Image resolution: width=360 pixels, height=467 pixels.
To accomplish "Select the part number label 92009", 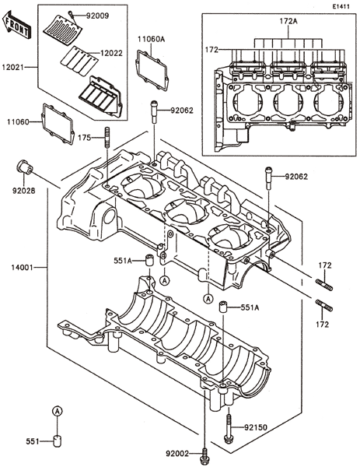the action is [x=98, y=16].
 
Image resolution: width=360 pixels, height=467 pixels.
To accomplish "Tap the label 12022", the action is [x=111, y=53].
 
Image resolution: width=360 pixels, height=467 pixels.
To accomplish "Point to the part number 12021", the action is [x=12, y=67].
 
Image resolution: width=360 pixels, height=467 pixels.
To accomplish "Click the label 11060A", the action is [x=151, y=39].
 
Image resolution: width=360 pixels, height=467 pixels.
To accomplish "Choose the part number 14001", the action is [x=22, y=267].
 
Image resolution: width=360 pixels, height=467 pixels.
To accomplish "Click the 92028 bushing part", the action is [x=25, y=167].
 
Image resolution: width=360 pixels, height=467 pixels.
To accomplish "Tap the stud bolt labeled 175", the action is [x=107, y=137].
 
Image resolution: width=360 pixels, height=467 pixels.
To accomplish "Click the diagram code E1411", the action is [x=341, y=6].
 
